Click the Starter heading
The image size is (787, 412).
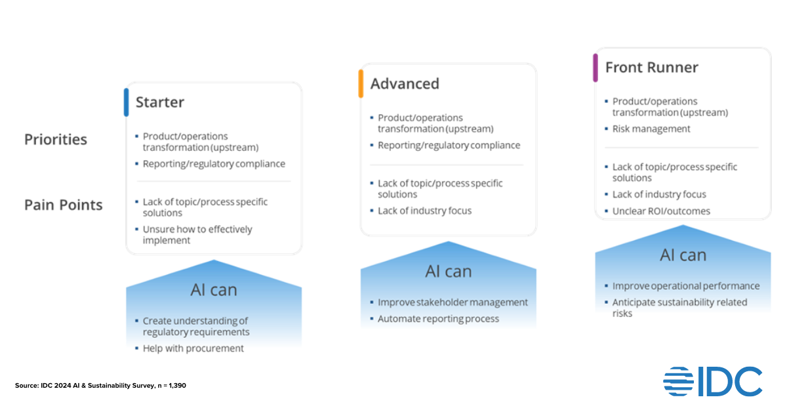coord(159,102)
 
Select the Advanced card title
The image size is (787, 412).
coord(404,84)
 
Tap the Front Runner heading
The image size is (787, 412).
coord(651,68)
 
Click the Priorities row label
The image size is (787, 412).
coord(56,140)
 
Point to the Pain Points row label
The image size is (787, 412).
coord(64,205)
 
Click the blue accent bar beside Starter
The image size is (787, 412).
coord(127,102)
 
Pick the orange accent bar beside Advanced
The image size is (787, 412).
coord(361,84)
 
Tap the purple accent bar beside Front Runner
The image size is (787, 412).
coord(595,68)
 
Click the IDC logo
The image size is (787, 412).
coord(712,382)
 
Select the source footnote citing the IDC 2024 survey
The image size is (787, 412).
coord(100,386)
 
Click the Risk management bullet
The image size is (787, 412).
coord(651,129)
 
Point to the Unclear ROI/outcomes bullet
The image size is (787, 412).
coord(660,211)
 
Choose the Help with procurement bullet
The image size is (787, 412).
coord(193,348)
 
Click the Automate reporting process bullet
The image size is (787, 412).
coord(438,319)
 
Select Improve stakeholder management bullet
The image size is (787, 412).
coord(453,302)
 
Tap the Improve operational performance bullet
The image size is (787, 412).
coord(685,286)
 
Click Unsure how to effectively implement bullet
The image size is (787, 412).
coord(197,235)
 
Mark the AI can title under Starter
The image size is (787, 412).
coord(214,290)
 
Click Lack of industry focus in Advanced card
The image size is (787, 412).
coord(424,211)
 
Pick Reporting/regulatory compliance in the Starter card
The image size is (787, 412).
coord(214,164)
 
